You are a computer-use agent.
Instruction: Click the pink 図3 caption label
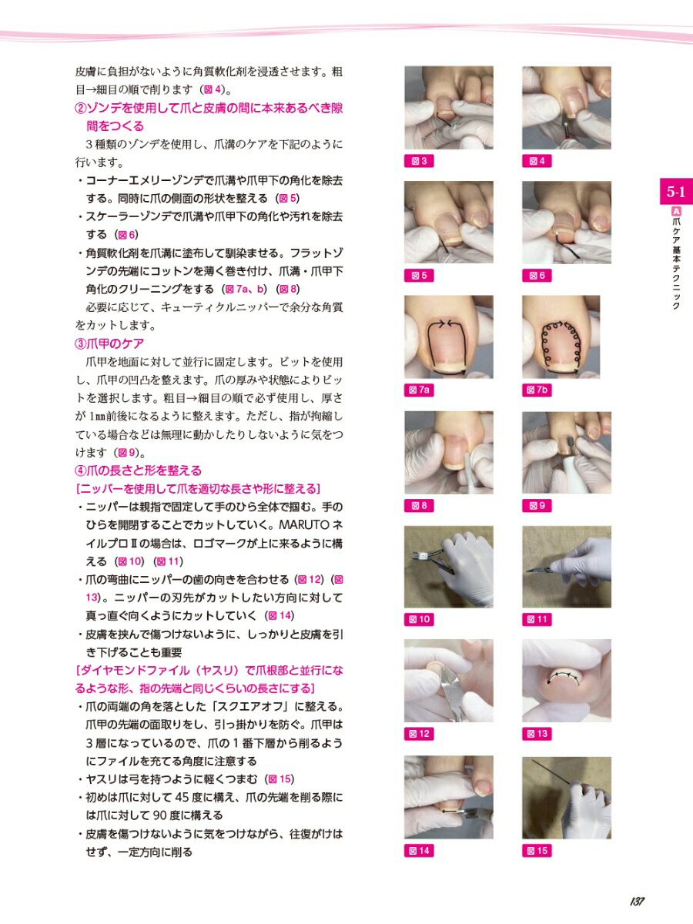(x=419, y=161)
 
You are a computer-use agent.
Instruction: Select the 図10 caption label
(x=419, y=619)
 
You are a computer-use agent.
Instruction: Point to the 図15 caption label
(x=537, y=850)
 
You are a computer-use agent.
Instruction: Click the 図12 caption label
(x=419, y=734)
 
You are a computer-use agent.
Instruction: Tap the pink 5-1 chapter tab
(x=676, y=192)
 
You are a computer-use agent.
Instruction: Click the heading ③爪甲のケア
(x=109, y=343)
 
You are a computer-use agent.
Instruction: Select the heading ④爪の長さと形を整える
(x=139, y=470)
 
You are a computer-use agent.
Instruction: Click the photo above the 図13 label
(x=567, y=681)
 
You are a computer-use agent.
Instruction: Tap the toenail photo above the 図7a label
(x=449, y=336)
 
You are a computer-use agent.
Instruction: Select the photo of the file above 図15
(x=567, y=798)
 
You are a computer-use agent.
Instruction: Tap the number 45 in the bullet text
(x=182, y=797)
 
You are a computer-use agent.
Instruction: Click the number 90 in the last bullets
(x=160, y=815)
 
